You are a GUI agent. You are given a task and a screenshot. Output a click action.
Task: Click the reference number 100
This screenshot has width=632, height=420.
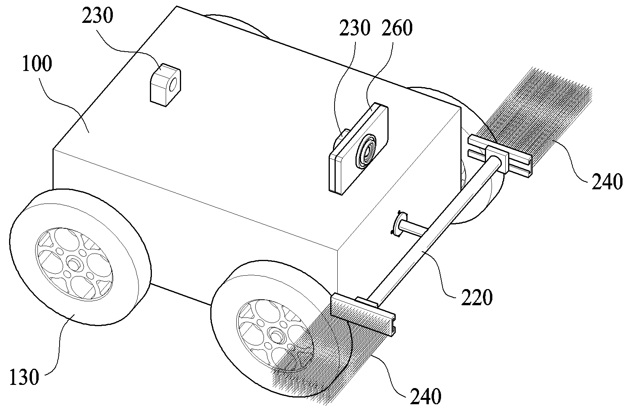tap(37, 64)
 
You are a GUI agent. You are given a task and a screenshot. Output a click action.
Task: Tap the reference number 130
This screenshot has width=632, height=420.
tap(24, 377)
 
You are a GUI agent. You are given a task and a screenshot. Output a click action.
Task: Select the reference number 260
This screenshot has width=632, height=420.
tap(397, 28)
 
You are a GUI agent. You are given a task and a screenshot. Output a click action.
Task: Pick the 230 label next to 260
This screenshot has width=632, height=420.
tap(355, 28)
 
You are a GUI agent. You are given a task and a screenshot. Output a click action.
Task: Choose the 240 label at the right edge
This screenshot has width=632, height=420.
tap(607, 181)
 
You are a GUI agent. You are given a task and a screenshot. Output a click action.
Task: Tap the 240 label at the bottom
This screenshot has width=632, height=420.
tap(425, 396)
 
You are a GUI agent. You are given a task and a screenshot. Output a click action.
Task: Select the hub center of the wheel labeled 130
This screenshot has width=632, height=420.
tap(74, 264)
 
